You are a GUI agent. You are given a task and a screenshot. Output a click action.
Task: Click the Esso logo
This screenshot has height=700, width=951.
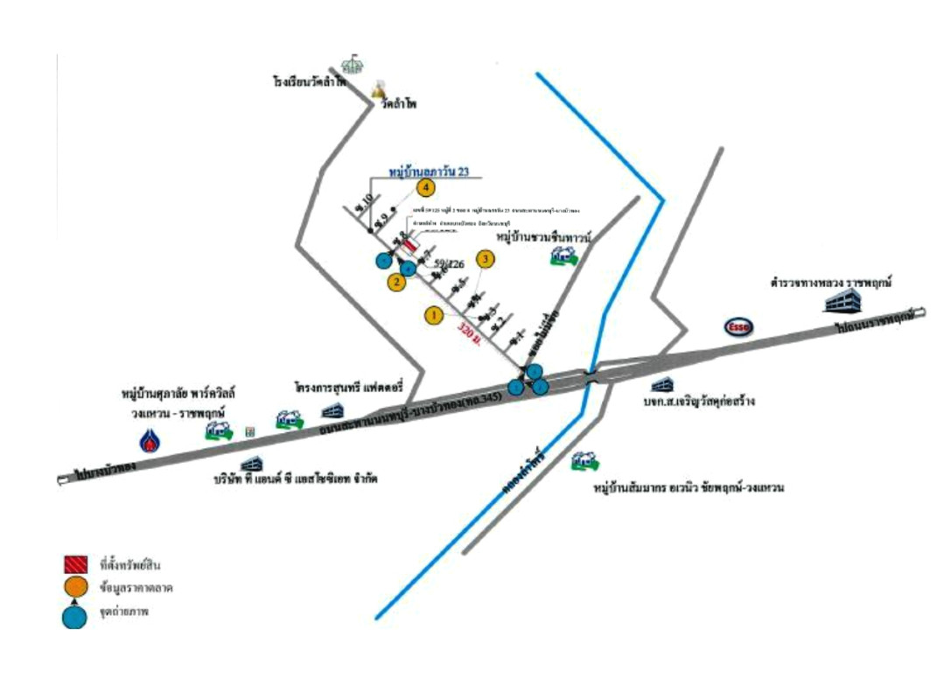(738, 327)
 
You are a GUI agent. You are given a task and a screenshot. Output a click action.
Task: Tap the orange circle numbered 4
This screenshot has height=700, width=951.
(426, 187)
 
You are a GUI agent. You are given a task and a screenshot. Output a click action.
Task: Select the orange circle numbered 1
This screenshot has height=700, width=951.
(432, 315)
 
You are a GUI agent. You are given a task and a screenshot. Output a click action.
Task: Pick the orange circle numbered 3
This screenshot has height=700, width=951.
(484, 259)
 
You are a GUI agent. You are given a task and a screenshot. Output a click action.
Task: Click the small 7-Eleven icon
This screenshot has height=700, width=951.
(250, 432)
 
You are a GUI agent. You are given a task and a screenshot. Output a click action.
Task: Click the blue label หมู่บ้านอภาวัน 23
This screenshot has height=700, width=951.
(436, 172)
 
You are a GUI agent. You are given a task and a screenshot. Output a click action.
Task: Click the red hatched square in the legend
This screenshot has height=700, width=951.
(75, 563)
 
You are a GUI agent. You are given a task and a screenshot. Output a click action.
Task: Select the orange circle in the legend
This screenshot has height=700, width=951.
(75, 586)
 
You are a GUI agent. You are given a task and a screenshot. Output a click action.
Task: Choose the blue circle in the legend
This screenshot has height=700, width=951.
(75, 616)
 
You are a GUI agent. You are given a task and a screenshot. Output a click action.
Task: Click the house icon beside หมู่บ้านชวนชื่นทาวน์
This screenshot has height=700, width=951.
(563, 255)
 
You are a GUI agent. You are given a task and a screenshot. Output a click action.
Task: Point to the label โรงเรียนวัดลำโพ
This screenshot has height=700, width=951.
(310, 81)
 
